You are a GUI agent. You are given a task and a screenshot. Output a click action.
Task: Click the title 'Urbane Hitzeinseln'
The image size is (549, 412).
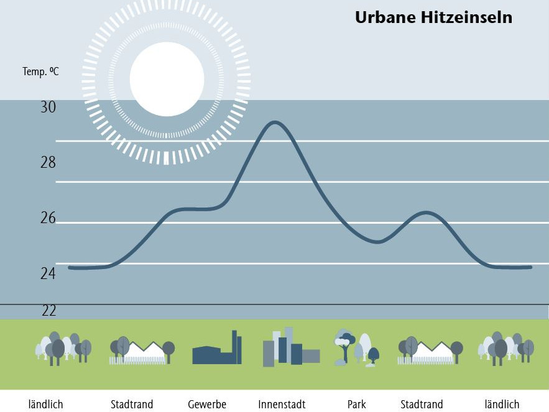(x=433, y=17)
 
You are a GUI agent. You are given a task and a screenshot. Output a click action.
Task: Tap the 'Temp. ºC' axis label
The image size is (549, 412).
(x=41, y=71)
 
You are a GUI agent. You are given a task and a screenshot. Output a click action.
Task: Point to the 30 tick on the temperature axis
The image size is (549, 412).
(x=48, y=107)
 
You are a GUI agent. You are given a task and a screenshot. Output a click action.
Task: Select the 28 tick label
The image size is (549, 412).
(x=48, y=163)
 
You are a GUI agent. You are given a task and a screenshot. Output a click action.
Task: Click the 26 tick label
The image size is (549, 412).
(x=48, y=218)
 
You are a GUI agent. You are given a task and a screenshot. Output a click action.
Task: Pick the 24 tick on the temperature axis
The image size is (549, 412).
(x=48, y=273)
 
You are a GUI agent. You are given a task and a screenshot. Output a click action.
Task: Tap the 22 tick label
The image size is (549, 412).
(x=49, y=311)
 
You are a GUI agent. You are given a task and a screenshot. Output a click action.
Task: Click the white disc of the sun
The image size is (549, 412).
(x=167, y=79)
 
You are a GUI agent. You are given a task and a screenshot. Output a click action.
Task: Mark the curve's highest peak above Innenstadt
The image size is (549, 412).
(x=274, y=122)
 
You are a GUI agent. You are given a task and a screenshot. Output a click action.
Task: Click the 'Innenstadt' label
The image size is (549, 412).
(x=282, y=405)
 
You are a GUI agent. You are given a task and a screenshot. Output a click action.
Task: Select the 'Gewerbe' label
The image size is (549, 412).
(x=207, y=405)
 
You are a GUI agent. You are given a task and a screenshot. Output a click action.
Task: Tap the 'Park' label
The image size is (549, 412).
(x=357, y=405)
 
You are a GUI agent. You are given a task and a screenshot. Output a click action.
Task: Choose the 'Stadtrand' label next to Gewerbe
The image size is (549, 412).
(x=132, y=405)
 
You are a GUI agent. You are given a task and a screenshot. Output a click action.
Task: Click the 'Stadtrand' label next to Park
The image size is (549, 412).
(x=422, y=405)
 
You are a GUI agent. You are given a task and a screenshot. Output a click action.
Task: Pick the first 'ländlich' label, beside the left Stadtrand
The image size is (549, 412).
(x=46, y=405)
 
